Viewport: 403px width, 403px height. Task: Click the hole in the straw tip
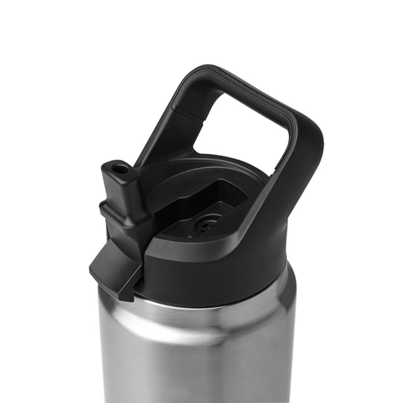119,169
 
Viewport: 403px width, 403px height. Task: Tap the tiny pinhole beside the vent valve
190,236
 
